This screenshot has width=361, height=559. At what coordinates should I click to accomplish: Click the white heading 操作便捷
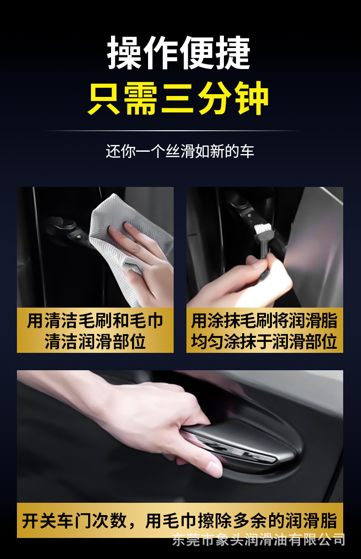point(179,53)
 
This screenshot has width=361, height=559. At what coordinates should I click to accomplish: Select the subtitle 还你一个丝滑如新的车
point(180,151)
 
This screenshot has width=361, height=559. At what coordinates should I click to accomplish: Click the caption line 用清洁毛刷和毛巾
point(95,321)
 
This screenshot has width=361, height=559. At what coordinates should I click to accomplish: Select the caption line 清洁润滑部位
point(95,341)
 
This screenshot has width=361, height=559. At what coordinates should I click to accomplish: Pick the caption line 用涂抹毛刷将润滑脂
point(264,321)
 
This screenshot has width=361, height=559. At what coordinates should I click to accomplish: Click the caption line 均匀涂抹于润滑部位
point(264,341)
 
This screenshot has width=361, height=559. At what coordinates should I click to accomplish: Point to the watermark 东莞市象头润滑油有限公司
point(259,540)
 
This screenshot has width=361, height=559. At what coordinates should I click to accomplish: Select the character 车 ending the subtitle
point(247,151)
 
